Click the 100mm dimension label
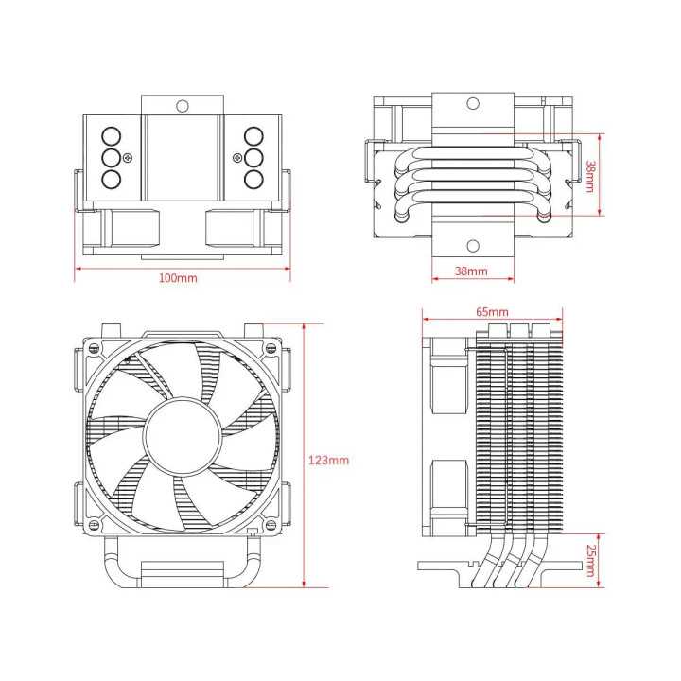pos(178,278)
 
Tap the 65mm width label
pos(492,311)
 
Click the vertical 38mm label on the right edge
pos(590,174)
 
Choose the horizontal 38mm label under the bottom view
pos(471,271)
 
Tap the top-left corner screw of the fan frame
pos(92,347)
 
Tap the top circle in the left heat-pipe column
pos(111,135)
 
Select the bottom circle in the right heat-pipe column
pos(253,179)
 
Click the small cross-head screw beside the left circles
pos(130,157)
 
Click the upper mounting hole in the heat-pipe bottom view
pos(471,105)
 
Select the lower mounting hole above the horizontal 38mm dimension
pos(471,245)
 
